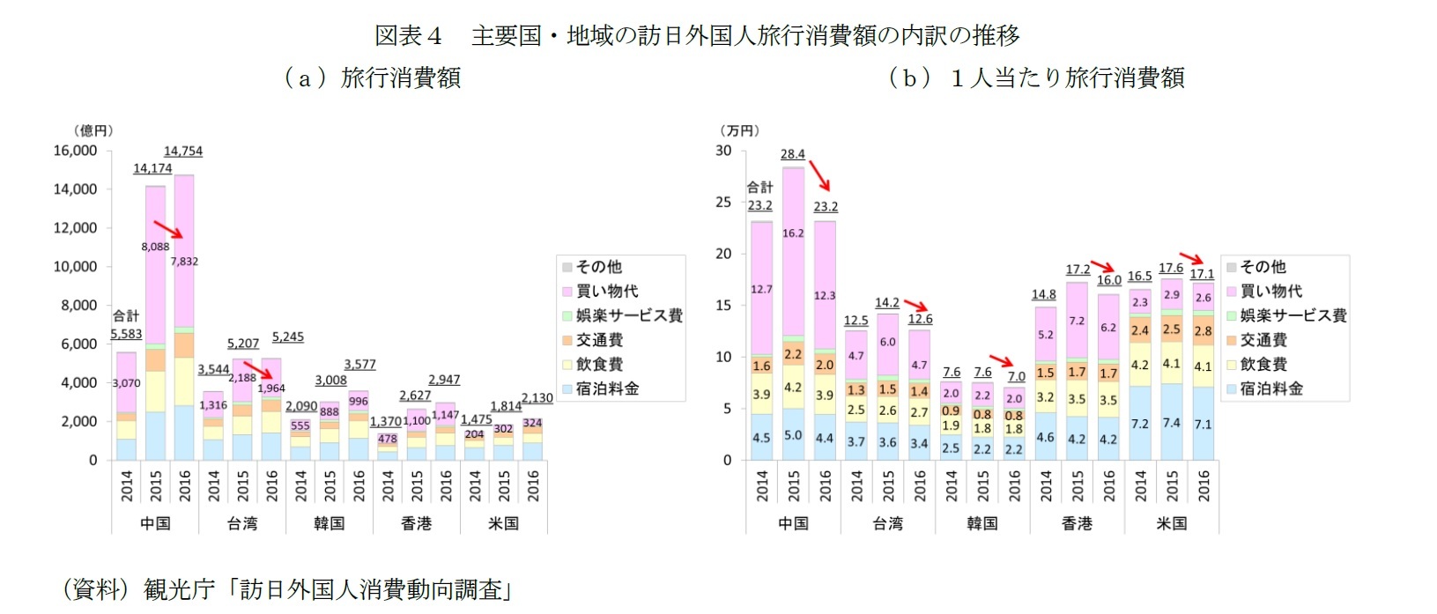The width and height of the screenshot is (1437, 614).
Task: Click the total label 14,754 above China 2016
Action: pyautogui.click(x=183, y=152)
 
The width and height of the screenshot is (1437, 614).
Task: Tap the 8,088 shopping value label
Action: pyautogui.click(x=155, y=247)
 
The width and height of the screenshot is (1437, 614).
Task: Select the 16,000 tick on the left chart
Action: pyautogui.click(x=75, y=151)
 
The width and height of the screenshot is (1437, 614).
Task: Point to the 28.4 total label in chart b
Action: pyautogui.click(x=792, y=154)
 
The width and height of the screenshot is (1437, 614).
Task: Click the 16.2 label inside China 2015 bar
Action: pyautogui.click(x=793, y=233)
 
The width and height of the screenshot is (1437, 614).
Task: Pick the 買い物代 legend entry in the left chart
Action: pyautogui.click(x=606, y=291)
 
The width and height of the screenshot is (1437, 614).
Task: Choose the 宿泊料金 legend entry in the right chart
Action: pyautogui.click(x=1270, y=388)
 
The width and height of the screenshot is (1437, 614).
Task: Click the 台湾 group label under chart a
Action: pyautogui.click(x=242, y=523)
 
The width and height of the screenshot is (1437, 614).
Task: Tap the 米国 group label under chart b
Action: pyautogui.click(x=1171, y=523)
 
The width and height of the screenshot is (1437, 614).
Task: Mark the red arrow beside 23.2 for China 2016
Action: pyautogui.click(x=819, y=175)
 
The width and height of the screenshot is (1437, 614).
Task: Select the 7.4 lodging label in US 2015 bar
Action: pyautogui.click(x=1171, y=423)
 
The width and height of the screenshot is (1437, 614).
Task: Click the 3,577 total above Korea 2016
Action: pyautogui.click(x=359, y=364)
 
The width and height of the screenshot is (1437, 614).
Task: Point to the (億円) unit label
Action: pyautogui.click(x=93, y=130)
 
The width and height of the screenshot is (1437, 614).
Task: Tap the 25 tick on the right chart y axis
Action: pyautogui.click(x=723, y=202)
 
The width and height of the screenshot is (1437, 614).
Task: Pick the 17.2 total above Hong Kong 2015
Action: pyautogui.click(x=1077, y=270)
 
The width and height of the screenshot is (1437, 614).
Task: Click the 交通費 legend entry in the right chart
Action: pyautogui.click(x=1263, y=340)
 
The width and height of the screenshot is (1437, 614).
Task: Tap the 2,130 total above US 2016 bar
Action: pyautogui.click(x=537, y=398)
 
